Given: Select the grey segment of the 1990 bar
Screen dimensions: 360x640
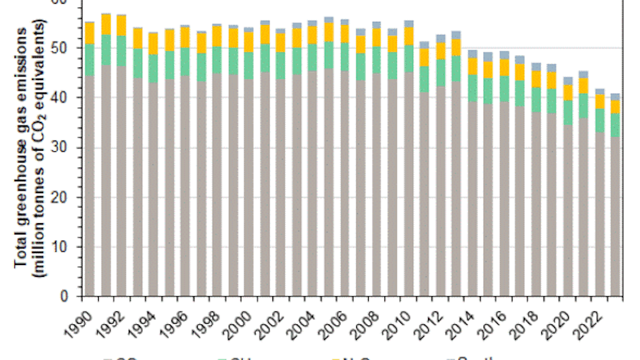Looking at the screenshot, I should click(89, 187).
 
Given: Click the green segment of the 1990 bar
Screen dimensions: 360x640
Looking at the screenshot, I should click(89, 60).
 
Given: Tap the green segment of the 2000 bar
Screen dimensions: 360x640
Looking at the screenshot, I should click(249, 66).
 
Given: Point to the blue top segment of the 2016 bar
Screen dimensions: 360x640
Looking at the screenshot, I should click(504, 55).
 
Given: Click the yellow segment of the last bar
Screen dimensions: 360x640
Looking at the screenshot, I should click(616, 106).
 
